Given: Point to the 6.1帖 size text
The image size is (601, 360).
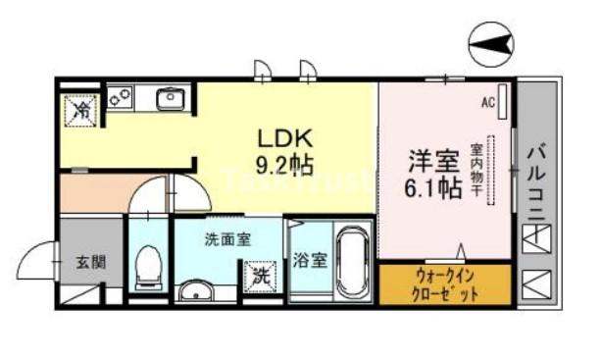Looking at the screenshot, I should click(431, 187).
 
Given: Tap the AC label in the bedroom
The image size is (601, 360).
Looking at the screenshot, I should click(488, 101).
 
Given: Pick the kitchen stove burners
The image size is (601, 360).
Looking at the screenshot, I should click(121, 98).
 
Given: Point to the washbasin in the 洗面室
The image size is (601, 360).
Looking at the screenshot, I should click(195, 290).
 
